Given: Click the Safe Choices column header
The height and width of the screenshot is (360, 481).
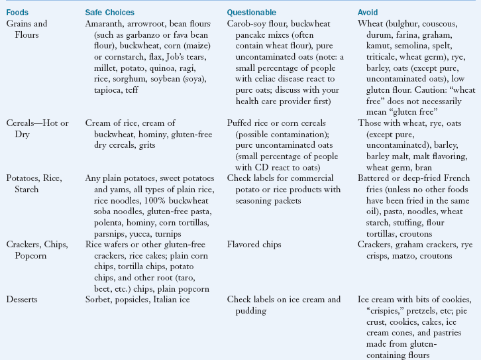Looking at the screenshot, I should click(x=109, y=13).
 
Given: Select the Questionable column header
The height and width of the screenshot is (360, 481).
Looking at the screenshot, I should click(x=252, y=13).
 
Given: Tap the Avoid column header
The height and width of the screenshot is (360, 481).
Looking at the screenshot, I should click(x=368, y=13).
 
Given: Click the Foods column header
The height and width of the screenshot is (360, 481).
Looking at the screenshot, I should click(x=18, y=13).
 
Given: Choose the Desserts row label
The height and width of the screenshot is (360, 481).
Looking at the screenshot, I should click(x=23, y=299).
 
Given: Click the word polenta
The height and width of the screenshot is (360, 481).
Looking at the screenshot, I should click(x=99, y=224).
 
